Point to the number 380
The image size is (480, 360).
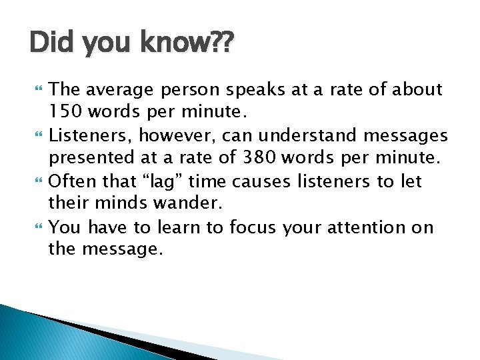click(275, 158)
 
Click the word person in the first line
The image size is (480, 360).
click(193, 89)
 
